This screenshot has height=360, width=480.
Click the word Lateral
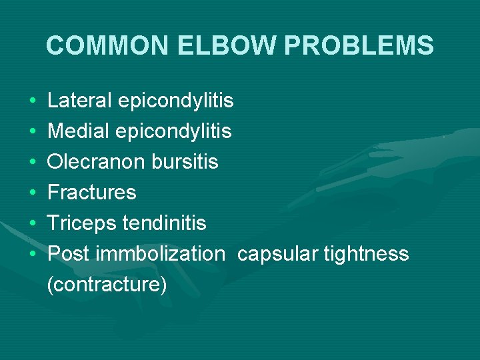[x=79, y=101]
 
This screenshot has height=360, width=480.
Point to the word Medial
[x=79, y=131]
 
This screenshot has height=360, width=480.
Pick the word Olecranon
[x=95, y=162]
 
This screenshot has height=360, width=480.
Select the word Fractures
[x=92, y=193]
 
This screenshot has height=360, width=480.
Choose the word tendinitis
[x=164, y=223]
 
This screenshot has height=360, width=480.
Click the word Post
[x=69, y=254]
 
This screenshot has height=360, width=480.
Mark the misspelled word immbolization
[x=161, y=254]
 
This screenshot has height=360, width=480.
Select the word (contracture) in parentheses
[x=107, y=285]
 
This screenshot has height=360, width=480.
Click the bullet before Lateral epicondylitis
[x=33, y=101]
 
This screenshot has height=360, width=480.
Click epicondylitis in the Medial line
[x=173, y=131]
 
